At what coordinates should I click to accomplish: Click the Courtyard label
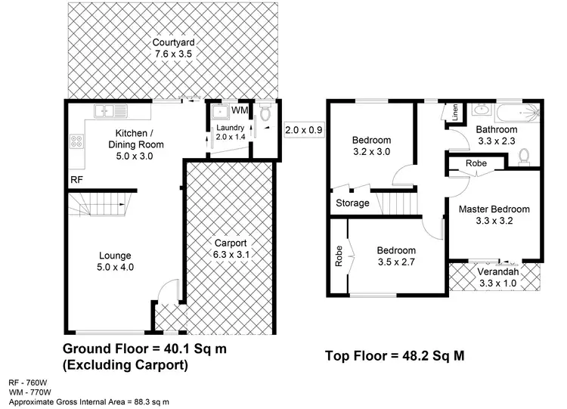(x=171, y=42)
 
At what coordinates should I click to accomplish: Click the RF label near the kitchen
(x=76, y=180)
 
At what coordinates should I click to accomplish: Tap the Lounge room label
(x=114, y=256)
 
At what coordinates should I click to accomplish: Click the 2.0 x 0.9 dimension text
(x=304, y=130)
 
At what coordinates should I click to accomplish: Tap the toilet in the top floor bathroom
(x=524, y=156)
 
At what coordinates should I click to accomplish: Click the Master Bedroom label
(x=494, y=209)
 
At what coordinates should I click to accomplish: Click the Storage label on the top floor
(x=352, y=203)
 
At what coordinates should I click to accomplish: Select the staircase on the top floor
(x=395, y=203)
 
